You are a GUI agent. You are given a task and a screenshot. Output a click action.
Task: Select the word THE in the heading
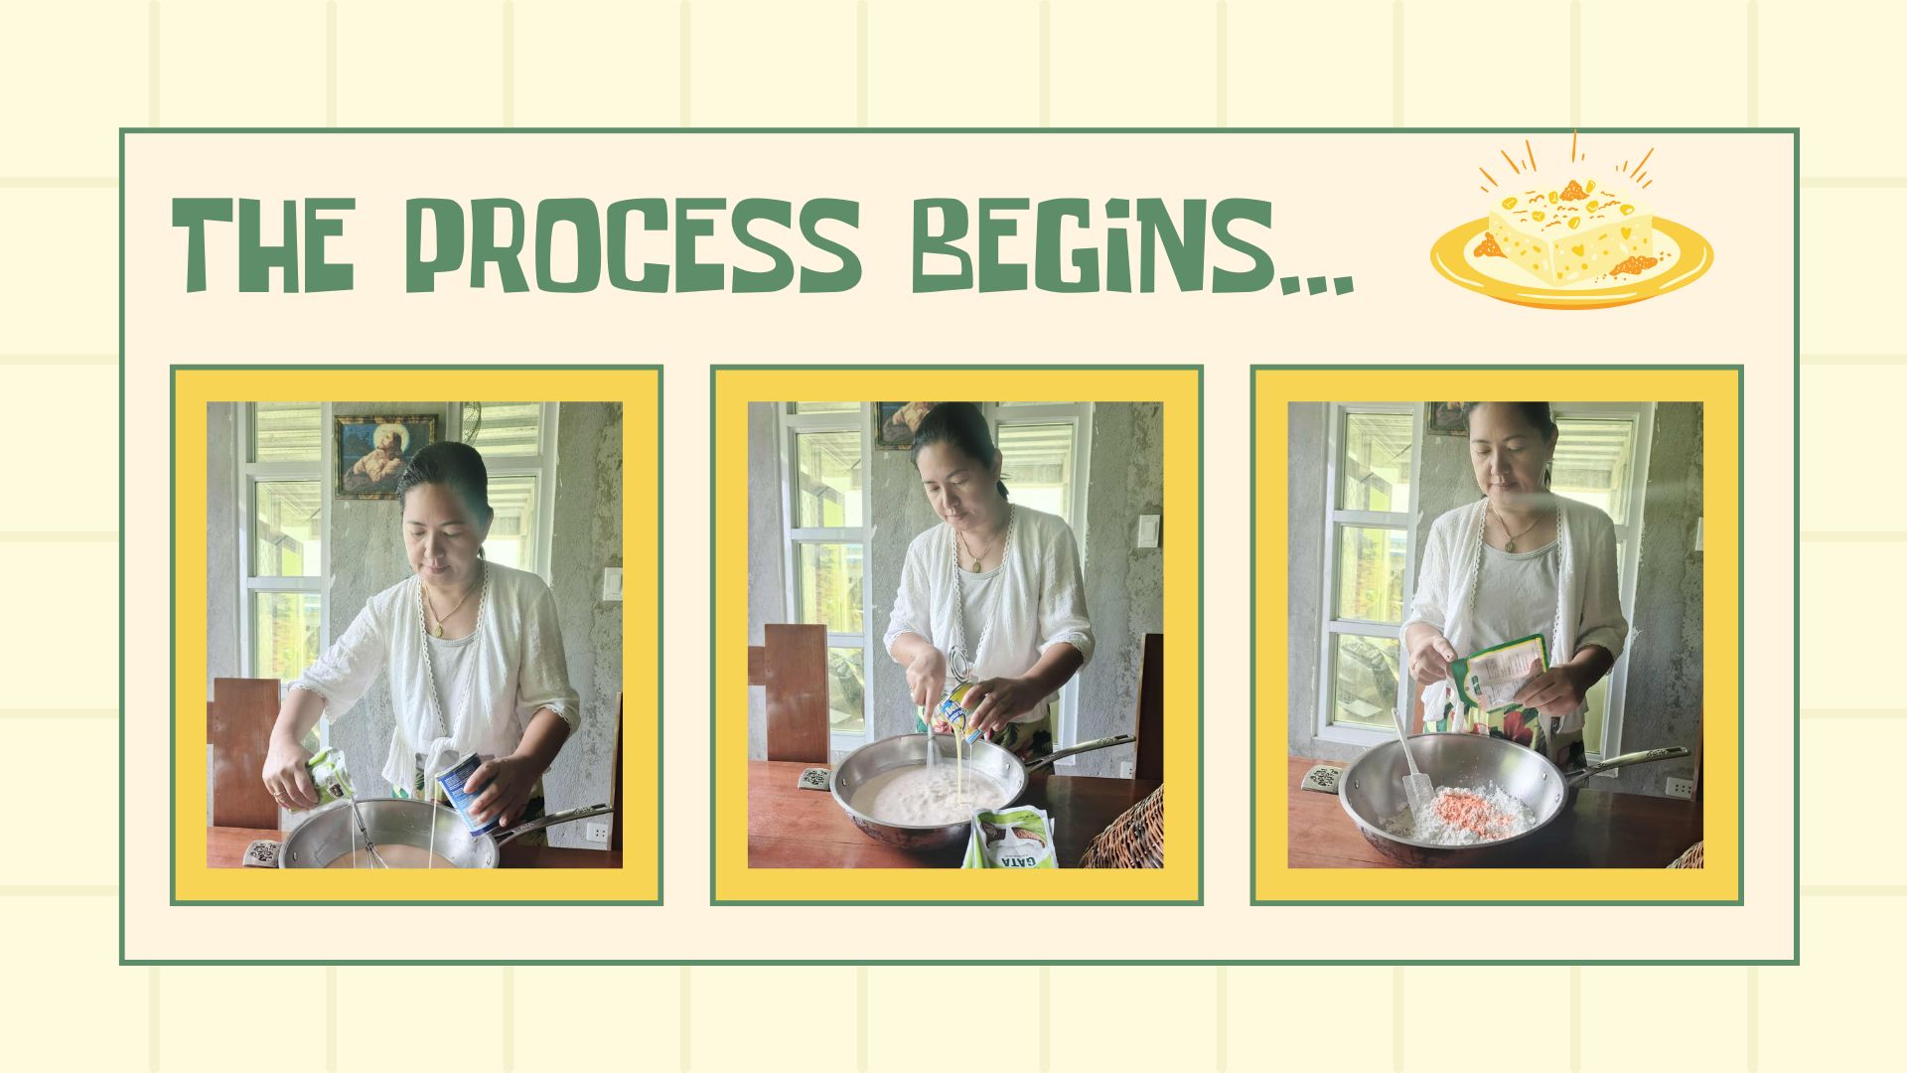(x=264, y=244)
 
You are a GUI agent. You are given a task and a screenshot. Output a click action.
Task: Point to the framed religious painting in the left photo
(x=385, y=456)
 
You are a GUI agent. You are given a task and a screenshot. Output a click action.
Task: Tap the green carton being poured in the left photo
(x=328, y=776)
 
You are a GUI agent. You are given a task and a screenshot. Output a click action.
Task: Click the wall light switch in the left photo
(x=612, y=585)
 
